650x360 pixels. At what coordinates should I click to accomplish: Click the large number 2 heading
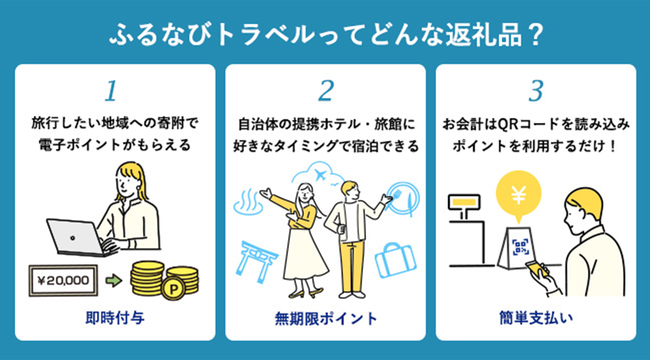[326, 92]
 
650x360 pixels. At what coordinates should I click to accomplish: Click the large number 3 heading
[535, 92]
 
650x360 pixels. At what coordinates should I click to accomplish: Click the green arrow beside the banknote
[113, 280]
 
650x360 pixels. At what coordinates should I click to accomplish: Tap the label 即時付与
[115, 318]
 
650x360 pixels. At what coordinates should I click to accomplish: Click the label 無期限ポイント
[326, 318]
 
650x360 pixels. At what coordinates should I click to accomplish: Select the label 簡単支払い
[535, 318]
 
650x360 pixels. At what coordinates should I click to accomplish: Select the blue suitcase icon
[395, 259]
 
